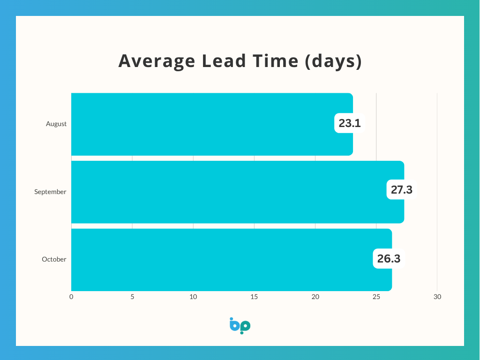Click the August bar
[x=212, y=124]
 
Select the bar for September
[x=238, y=192]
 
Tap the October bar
[x=232, y=260]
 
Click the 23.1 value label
[x=350, y=123]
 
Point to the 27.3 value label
[x=402, y=190]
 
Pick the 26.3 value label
[x=389, y=259]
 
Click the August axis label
[x=56, y=124]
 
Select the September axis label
[x=50, y=192]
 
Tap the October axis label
[x=54, y=259]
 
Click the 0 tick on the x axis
[x=71, y=297]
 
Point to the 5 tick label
[x=132, y=297]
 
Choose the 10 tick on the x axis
[x=193, y=297]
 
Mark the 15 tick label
[x=254, y=297]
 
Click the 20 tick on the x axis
[x=315, y=297]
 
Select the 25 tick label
[x=376, y=297]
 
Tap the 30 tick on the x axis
[x=437, y=297]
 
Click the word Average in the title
[x=157, y=61]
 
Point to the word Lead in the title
[x=224, y=60]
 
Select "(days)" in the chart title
[x=333, y=61]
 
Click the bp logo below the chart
[x=240, y=326]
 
